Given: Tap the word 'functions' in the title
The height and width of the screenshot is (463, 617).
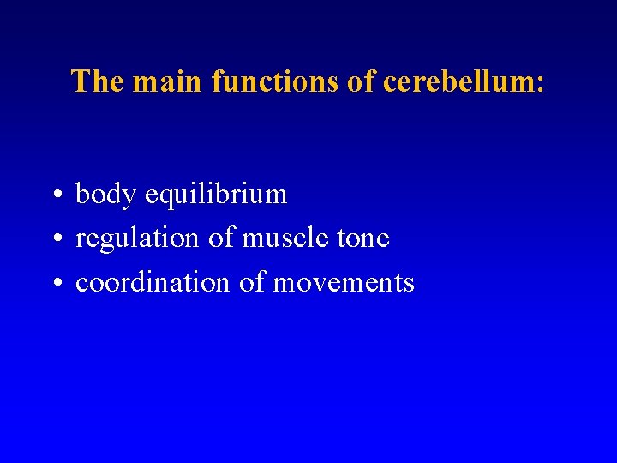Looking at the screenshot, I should click(274, 81).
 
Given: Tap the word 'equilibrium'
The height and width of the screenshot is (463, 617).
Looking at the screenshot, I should click(216, 195).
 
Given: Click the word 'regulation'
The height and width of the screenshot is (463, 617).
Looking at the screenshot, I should click(138, 239).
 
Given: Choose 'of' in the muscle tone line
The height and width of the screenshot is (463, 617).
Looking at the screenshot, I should click(221, 238).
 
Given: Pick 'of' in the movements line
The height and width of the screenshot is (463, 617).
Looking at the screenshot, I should click(251, 283).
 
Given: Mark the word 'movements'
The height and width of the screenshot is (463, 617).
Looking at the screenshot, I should click(343, 284).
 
